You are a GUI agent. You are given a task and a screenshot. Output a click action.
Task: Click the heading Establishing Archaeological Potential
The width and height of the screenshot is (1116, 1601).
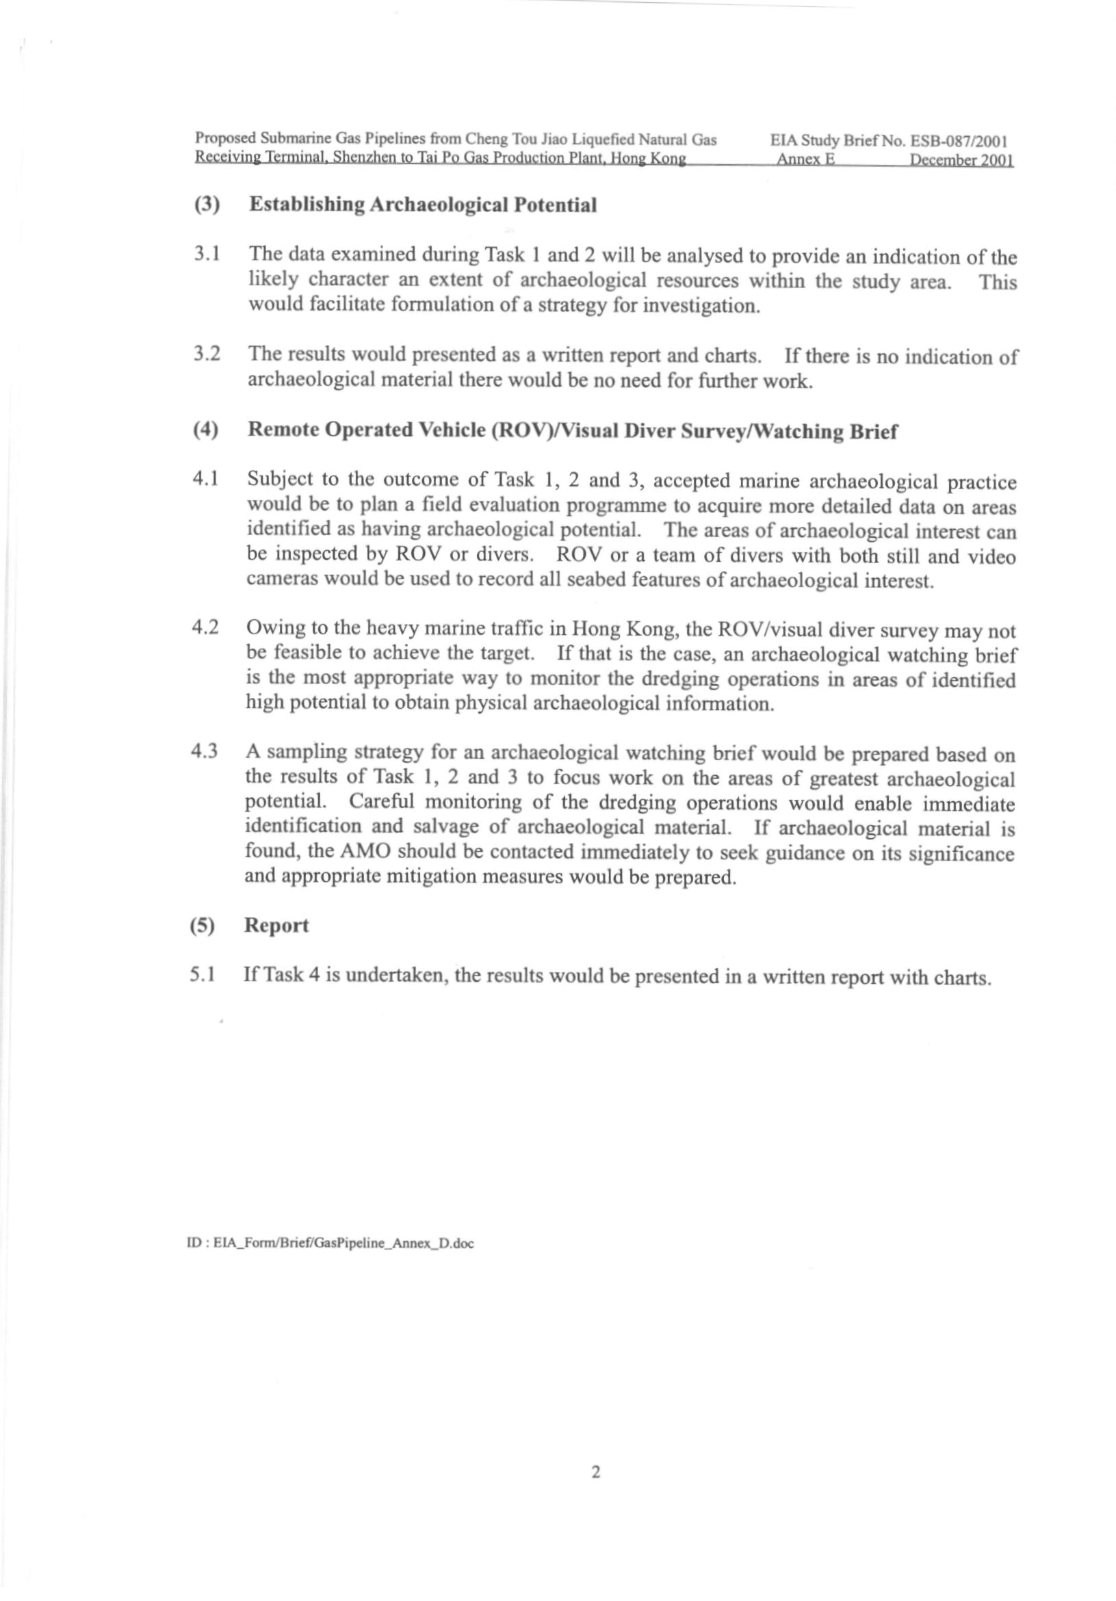point(423,205)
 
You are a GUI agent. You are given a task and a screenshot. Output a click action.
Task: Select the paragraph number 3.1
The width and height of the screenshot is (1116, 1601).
point(207,254)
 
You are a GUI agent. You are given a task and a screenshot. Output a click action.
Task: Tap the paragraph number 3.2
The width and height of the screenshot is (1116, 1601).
point(207,354)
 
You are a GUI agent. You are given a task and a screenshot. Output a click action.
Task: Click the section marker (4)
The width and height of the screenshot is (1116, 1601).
point(206,430)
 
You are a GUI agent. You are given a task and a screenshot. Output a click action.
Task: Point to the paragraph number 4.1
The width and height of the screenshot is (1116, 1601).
point(206,479)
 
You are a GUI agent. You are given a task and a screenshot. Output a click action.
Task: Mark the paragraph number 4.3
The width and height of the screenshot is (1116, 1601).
point(205,752)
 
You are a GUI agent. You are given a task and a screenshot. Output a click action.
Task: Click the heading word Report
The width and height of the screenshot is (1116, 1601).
point(276,925)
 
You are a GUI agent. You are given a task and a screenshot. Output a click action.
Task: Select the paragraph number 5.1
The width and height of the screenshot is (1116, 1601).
point(203,974)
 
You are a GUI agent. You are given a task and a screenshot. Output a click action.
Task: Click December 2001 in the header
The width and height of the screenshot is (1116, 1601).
point(961,159)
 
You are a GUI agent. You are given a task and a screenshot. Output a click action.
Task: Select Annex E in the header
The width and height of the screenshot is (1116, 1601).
point(805,159)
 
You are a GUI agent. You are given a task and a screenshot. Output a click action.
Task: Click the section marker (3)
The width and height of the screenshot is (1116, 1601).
point(207,205)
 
